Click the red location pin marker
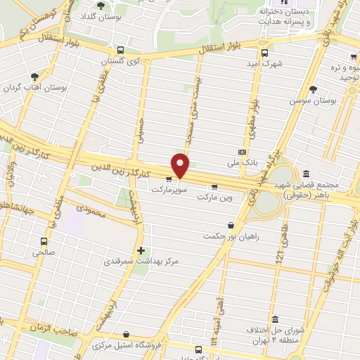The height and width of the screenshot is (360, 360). pos(181,166)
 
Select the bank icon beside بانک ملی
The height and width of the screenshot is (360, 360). pos(242,152)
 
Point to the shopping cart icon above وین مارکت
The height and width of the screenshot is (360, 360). pos(214,187)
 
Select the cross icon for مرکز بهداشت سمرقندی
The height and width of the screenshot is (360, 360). pos(141,250)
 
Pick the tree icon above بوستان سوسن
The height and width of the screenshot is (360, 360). pos(313,89)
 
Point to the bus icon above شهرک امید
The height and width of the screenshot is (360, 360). pos(265,52)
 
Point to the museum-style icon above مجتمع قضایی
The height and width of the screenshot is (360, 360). pos(307,174)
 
